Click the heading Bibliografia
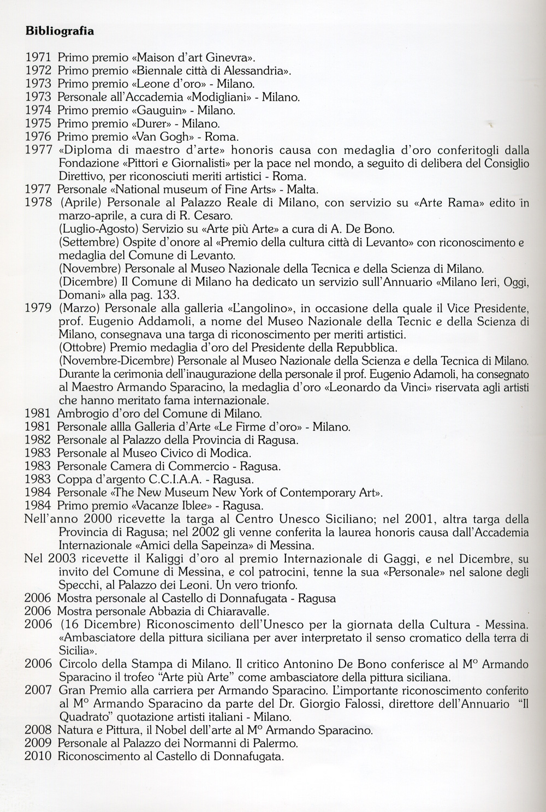pyautogui.click(x=60, y=31)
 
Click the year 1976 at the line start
pyautogui.click(x=38, y=137)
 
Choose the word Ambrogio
pyautogui.click(x=80, y=413)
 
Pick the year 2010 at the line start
pyautogui.click(x=38, y=756)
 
